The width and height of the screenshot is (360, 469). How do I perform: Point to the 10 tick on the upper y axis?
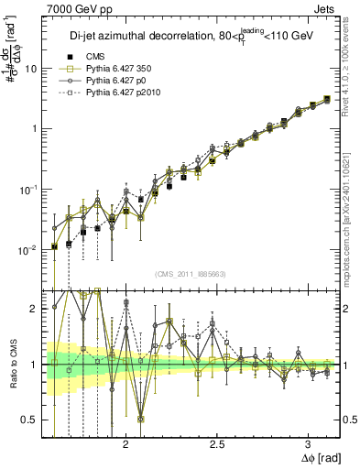(30, 69)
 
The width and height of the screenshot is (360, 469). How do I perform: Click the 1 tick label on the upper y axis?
(33, 129)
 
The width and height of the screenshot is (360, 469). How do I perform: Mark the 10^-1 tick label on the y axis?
(27, 189)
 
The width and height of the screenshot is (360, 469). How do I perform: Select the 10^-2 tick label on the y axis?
(27, 249)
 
